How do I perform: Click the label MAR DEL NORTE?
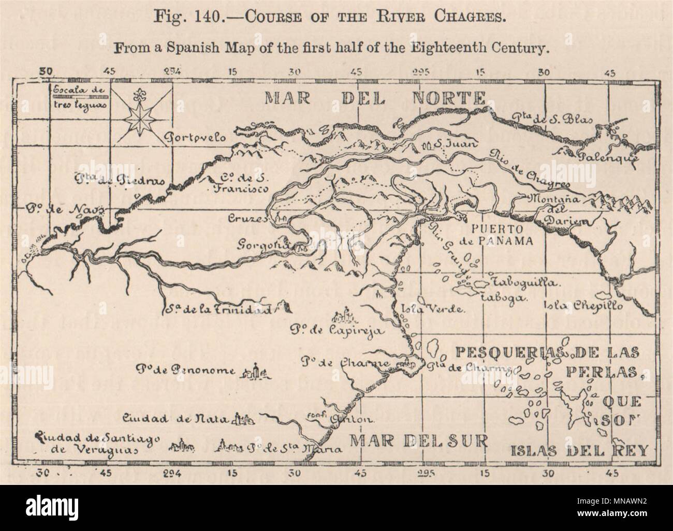coord(375,98)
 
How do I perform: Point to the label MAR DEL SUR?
coord(418,440)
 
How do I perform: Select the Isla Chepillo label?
coord(583,305)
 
